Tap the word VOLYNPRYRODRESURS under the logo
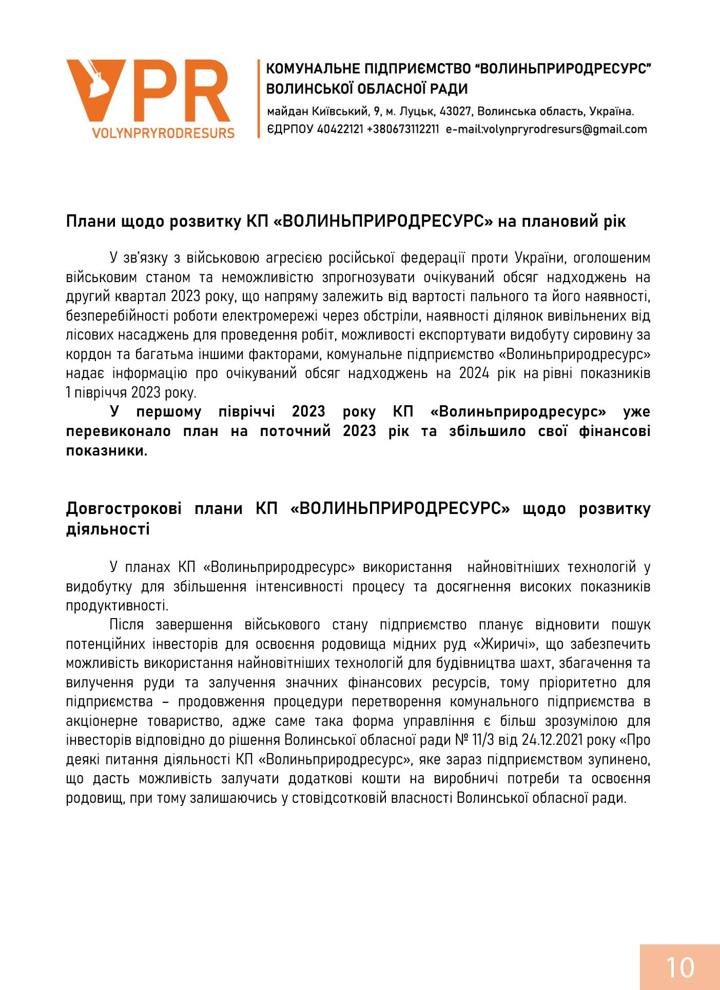pyautogui.click(x=163, y=133)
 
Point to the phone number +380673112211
pyautogui.click(x=403, y=129)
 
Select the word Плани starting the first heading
pyautogui.click(x=91, y=222)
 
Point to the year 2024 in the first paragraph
pyautogui.click(x=474, y=373)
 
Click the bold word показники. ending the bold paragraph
pyautogui.click(x=107, y=451)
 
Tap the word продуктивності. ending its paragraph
pyautogui.click(x=117, y=605)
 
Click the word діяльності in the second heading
pyautogui.click(x=108, y=528)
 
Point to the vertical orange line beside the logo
pyautogui.click(x=259, y=98)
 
